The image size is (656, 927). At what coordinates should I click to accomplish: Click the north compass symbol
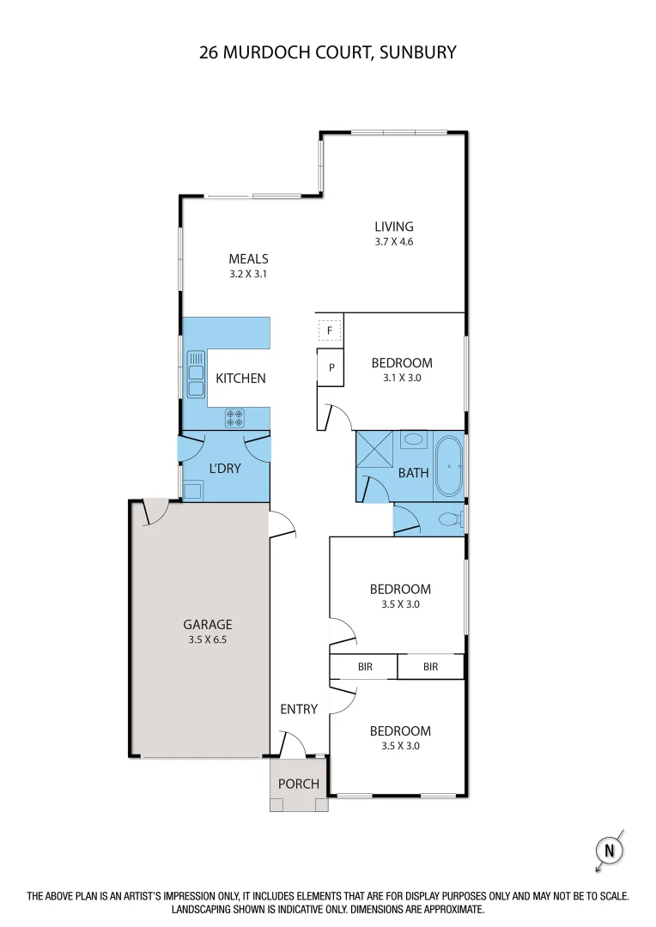(610, 851)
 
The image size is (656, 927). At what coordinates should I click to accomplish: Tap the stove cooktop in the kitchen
(235, 418)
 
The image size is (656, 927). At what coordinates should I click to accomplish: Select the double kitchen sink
(196, 373)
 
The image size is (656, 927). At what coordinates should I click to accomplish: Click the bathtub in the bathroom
(448, 467)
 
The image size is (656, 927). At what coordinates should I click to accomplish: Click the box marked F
(330, 330)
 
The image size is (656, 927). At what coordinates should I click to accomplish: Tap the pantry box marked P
(331, 367)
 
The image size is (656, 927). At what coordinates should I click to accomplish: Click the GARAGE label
(208, 625)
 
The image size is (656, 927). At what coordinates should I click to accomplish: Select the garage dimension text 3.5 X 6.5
(208, 639)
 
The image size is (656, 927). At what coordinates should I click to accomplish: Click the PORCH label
(299, 784)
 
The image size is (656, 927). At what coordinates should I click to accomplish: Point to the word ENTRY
(299, 709)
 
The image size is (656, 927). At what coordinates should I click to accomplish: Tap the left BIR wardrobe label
(365, 666)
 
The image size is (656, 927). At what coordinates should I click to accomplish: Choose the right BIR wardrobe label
(430, 666)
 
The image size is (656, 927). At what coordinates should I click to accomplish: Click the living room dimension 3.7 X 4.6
(394, 242)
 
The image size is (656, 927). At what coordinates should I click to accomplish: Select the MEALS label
(248, 258)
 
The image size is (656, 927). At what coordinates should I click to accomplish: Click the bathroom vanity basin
(414, 439)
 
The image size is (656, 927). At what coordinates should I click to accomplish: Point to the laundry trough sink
(192, 491)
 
